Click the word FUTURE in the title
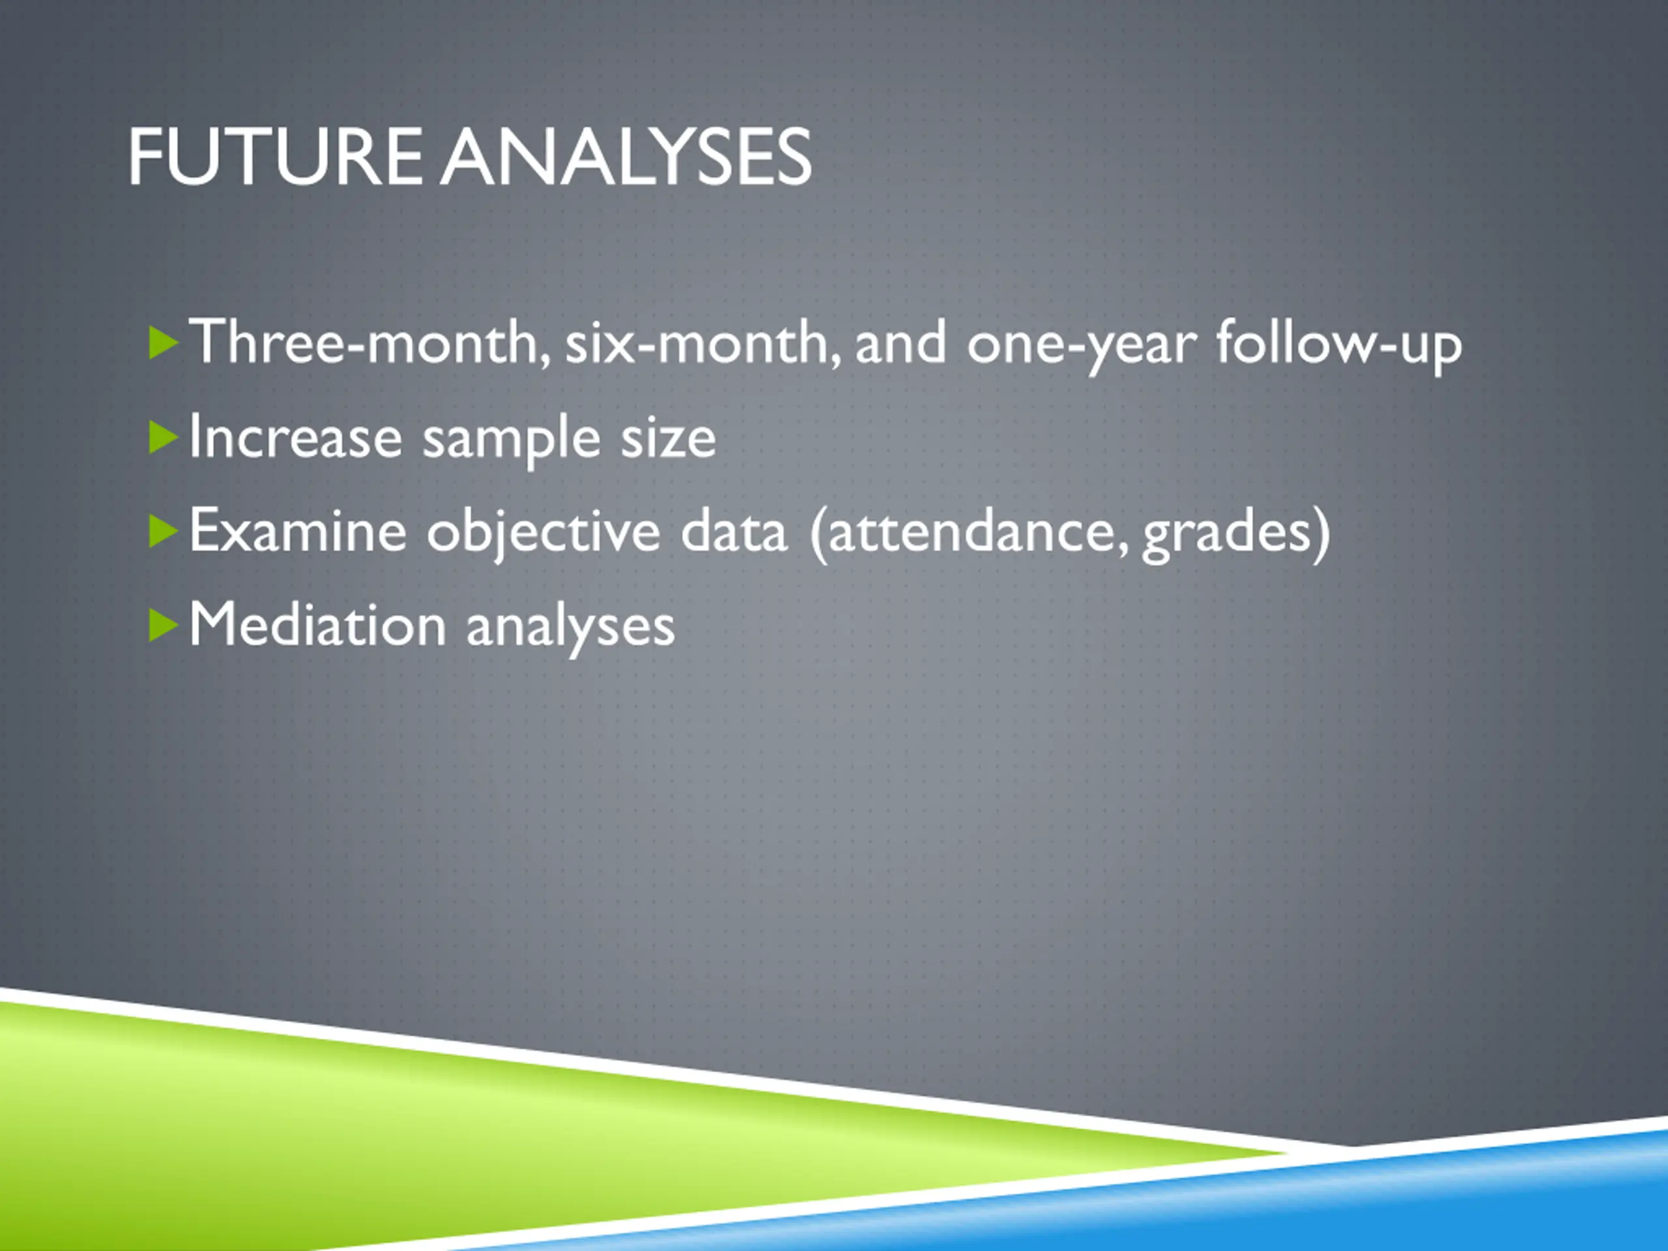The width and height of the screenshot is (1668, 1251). pyautogui.click(x=275, y=157)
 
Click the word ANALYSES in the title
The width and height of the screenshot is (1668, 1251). pyautogui.click(x=626, y=157)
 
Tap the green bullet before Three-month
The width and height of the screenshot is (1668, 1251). pyautogui.click(x=164, y=343)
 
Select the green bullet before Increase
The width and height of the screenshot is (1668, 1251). pyautogui.click(x=164, y=438)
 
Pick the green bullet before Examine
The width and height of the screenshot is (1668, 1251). pyautogui.click(x=164, y=532)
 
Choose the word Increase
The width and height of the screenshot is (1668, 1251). pyautogui.click(x=296, y=438)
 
